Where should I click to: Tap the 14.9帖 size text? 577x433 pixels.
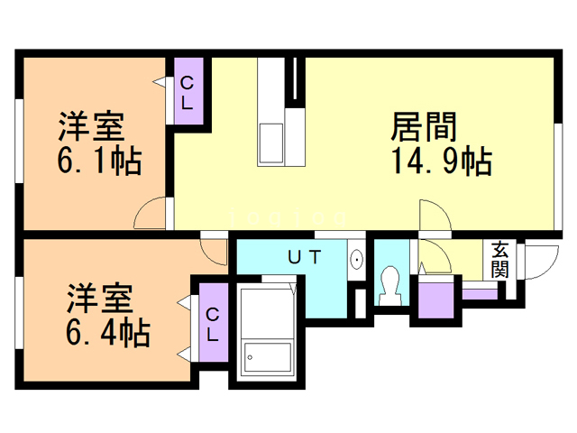441,162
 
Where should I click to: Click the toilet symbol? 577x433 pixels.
390,286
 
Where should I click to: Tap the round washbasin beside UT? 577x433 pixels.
357,260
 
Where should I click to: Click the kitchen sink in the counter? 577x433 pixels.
270,140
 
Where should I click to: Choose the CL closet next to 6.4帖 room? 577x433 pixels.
212,323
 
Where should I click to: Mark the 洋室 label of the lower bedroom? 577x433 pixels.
99,299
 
